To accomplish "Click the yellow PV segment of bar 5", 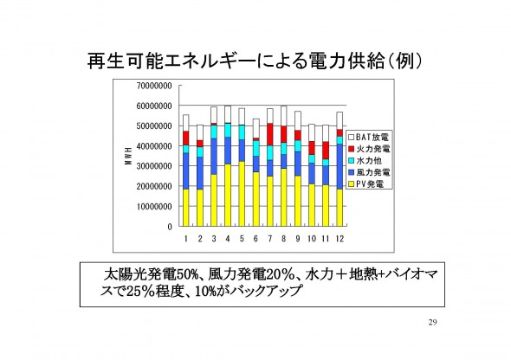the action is click(x=242, y=194).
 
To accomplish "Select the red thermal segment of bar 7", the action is click(x=270, y=134).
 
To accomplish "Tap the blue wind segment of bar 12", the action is click(x=340, y=166).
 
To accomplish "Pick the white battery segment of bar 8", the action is click(x=283, y=116).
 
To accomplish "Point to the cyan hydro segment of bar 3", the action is click(x=214, y=132).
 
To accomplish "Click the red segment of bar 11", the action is click(x=326, y=151).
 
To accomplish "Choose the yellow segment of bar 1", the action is click(x=185, y=208).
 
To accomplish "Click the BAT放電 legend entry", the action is click(x=369, y=137).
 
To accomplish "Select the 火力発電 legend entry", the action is click(x=369, y=149).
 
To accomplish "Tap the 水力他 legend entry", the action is click(x=365, y=160).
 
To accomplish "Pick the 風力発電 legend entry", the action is click(x=369, y=172).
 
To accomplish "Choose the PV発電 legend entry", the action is click(x=366, y=184).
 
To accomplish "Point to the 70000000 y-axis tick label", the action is click(x=154, y=86).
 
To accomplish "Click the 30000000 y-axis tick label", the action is click(x=154, y=166).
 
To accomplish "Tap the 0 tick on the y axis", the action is click(x=170, y=227).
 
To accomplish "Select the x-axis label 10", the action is click(x=312, y=239).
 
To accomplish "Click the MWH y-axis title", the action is click(x=128, y=156).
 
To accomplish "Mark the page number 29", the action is click(x=432, y=323).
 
